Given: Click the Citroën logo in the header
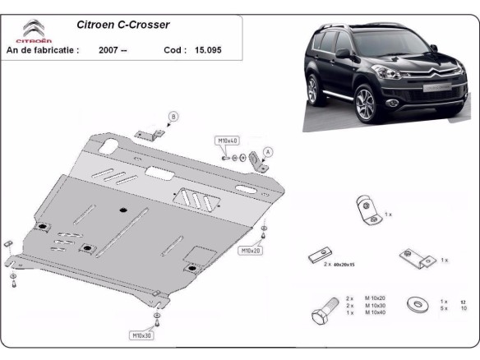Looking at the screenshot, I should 33,30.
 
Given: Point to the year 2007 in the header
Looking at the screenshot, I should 113,49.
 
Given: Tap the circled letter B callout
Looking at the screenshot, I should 173,116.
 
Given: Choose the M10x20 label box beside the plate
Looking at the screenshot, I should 251,250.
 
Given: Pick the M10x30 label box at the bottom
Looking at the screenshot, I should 142,335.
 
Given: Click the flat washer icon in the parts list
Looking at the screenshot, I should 420,304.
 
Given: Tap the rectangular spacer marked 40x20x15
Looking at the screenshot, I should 319,256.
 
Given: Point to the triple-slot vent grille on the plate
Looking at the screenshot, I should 196,199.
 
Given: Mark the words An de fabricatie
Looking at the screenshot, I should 42,49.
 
